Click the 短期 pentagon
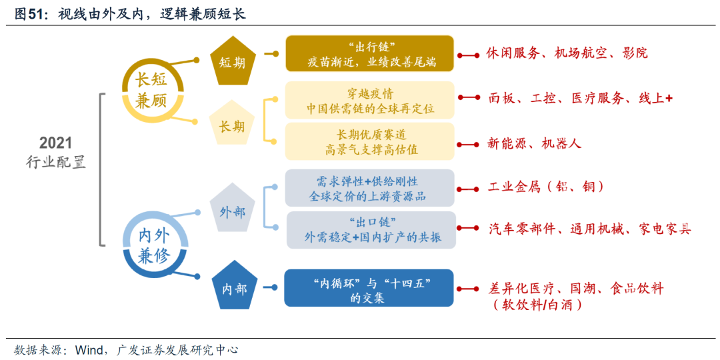pyautogui.click(x=233, y=61)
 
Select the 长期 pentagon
pyautogui.click(x=233, y=124)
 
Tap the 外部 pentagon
pyautogui.click(x=233, y=211)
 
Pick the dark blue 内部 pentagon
pyautogui.click(x=233, y=288)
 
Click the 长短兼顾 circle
pyautogui.click(x=151, y=90)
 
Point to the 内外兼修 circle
pyautogui.click(x=153, y=245)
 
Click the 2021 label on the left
pyautogui.click(x=56, y=143)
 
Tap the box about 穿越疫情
pyautogui.click(x=370, y=100)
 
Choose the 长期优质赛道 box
pyautogui.click(x=370, y=141)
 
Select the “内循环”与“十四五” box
pyautogui.click(x=369, y=288)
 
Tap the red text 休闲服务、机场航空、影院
pyautogui.click(x=566, y=53)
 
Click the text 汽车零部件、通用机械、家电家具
pyautogui.click(x=589, y=229)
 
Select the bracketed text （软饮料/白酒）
pyautogui.click(x=537, y=305)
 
